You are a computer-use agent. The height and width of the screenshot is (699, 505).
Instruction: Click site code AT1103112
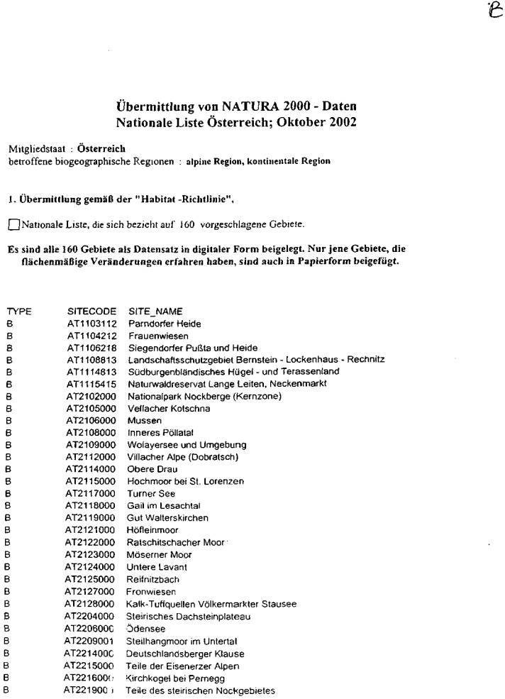(x=91, y=324)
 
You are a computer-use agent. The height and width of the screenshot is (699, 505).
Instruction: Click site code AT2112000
(x=91, y=457)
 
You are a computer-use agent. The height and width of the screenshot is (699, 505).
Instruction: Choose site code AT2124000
(x=91, y=566)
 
